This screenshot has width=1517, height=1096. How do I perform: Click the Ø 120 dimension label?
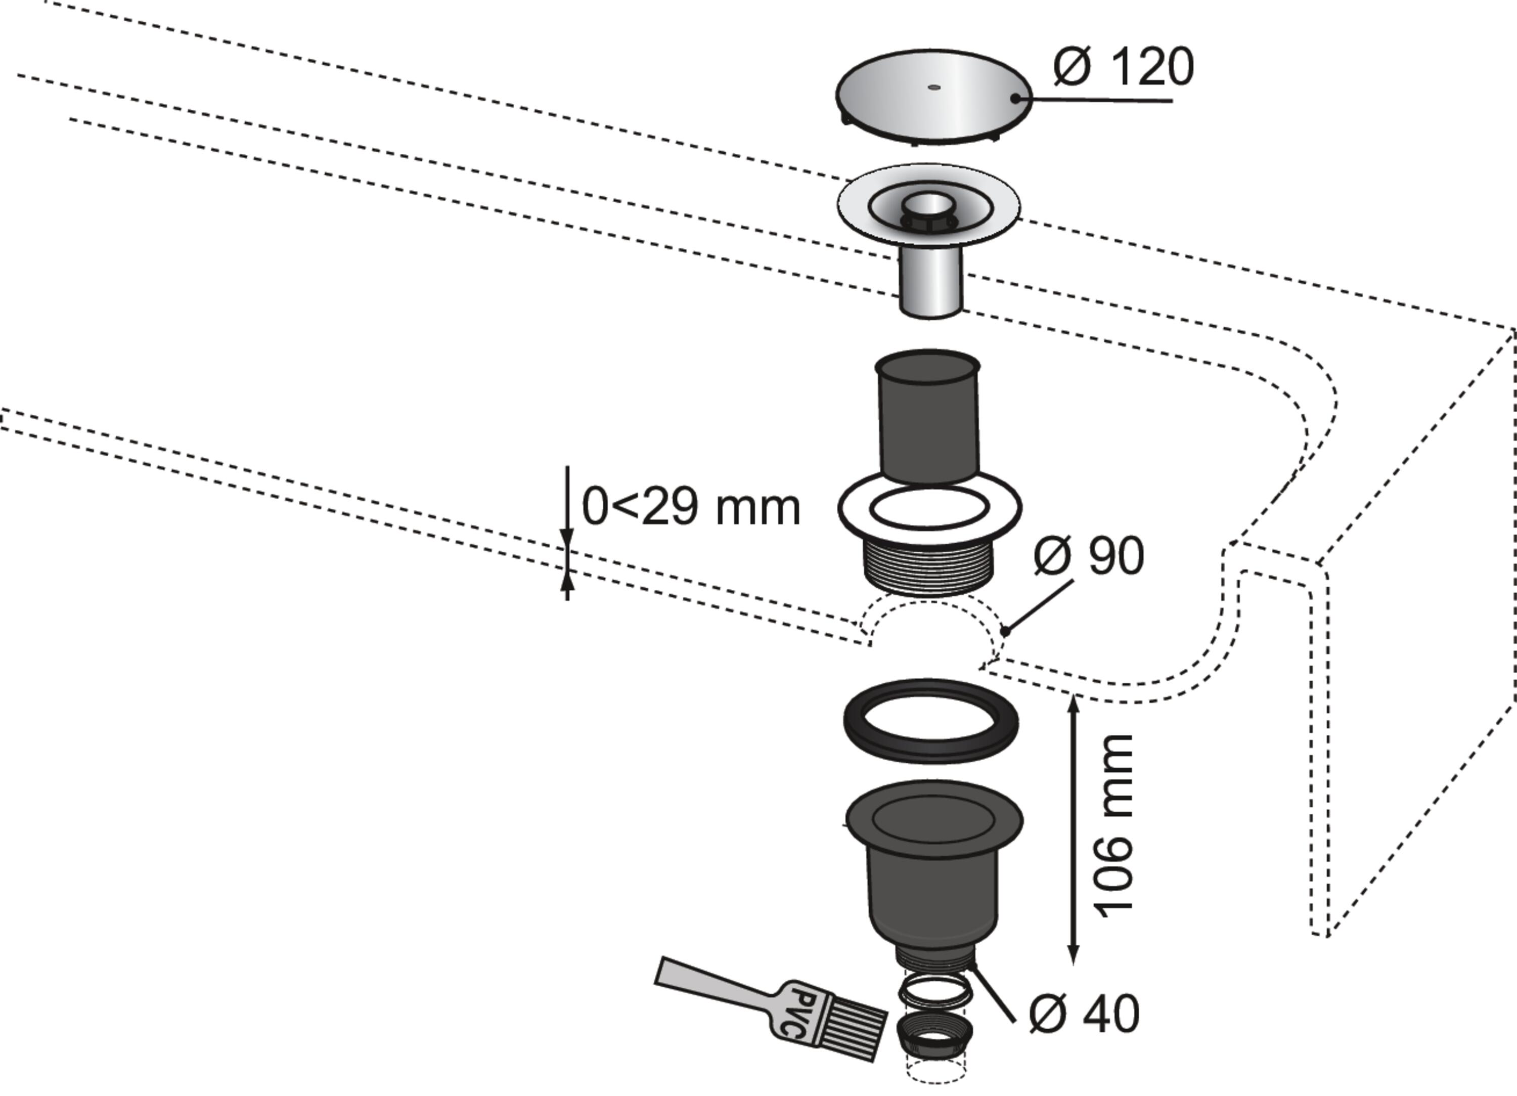(1124, 67)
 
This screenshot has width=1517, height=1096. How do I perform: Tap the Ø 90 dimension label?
(1089, 555)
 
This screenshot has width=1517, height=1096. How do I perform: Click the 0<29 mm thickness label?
(691, 507)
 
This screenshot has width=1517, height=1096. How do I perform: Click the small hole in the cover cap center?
(934, 87)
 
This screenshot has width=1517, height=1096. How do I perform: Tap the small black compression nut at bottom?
(935, 1034)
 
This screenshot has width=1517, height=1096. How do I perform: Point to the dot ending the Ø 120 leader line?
(1015, 98)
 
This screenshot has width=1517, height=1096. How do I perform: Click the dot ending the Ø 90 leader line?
(1005, 630)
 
